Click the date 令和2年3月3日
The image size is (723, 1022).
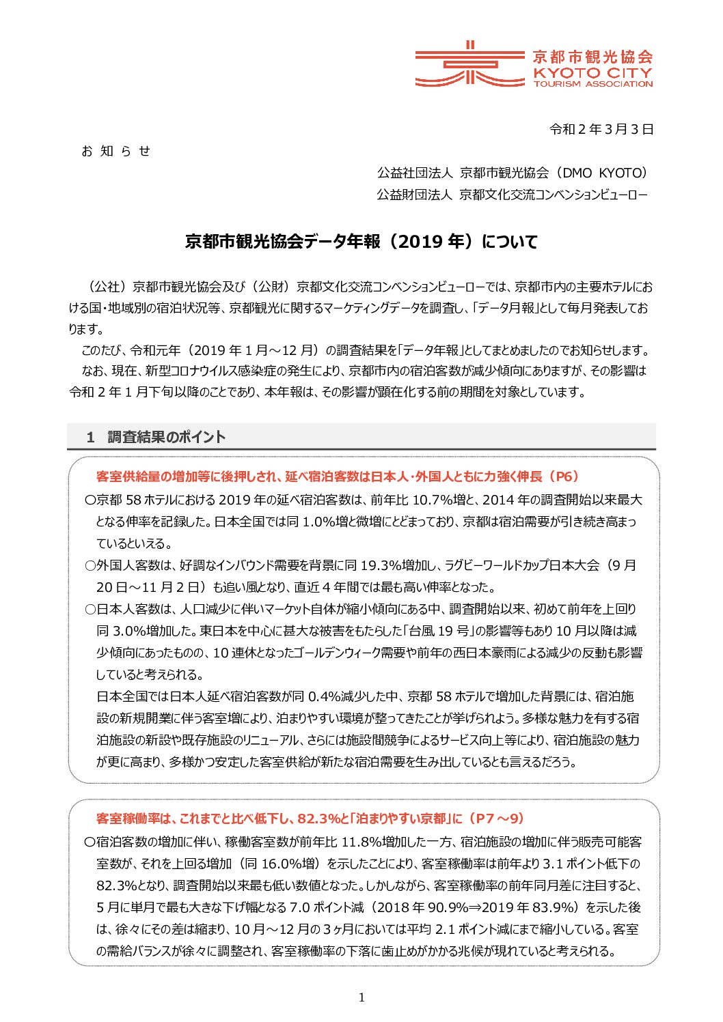pos(601,129)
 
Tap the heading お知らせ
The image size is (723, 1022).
pos(115,151)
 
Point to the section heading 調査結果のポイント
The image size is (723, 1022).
pos(166,437)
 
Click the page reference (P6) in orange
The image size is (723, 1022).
pos(562,477)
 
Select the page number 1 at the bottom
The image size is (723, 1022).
pos(361,997)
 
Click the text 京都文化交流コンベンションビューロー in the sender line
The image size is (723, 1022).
pos(553,195)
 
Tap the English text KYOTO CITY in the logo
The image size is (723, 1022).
pos(592,72)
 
